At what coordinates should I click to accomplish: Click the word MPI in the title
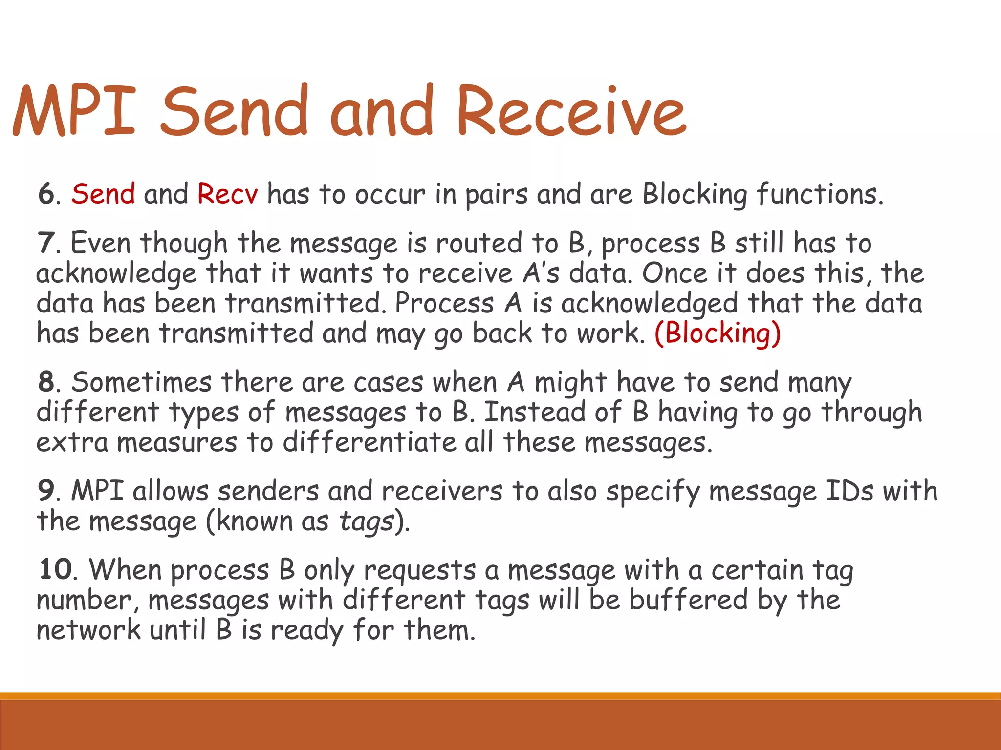tap(73, 111)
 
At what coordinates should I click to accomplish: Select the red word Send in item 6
tap(103, 194)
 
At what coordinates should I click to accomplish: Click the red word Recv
tap(227, 194)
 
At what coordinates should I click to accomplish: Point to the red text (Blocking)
tap(718, 333)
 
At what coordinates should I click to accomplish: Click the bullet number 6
tap(47, 194)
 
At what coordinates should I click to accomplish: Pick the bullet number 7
tap(46, 243)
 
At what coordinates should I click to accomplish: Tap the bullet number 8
tap(47, 382)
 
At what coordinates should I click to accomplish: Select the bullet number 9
tap(47, 491)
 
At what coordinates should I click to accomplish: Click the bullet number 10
tap(56, 570)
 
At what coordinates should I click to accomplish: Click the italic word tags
tap(366, 522)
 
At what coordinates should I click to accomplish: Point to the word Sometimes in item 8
tap(141, 382)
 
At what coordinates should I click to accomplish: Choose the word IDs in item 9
tap(849, 491)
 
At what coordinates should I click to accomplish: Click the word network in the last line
tap(88, 630)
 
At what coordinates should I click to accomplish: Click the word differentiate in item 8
tap(369, 442)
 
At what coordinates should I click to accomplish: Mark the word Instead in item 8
tap(534, 412)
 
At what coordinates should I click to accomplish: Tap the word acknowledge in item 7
tap(116, 273)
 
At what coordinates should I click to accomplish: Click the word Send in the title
tap(235, 111)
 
